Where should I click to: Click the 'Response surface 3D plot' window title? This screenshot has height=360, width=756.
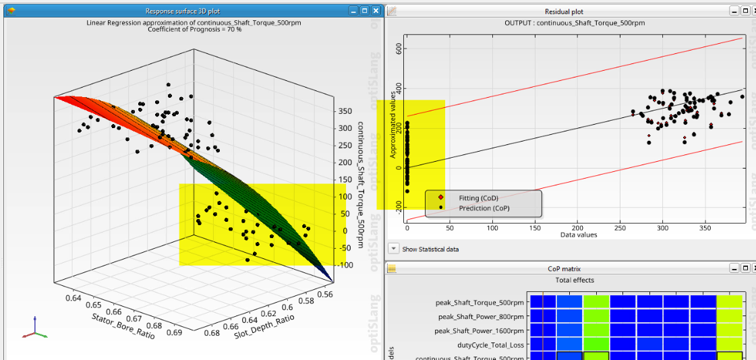tap(192, 11)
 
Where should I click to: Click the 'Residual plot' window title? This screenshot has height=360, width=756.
tap(564, 11)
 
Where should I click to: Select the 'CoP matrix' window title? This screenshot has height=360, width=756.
tap(564, 268)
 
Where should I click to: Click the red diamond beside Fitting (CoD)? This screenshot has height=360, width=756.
tap(441, 198)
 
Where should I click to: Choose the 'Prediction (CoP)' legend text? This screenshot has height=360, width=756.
tap(484, 208)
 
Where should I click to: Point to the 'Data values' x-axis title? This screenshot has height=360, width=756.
tap(578, 235)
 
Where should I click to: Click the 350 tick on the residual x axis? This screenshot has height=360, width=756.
tap(705, 229)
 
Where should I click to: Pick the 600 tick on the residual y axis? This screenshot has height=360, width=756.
tap(399, 49)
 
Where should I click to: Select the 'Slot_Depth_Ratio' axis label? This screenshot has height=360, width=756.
tap(264, 326)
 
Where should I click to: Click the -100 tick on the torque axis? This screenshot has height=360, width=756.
tap(346, 265)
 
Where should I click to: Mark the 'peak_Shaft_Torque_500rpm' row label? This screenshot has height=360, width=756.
tap(479, 303)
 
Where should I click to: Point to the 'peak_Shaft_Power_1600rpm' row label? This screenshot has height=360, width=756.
tap(480, 330)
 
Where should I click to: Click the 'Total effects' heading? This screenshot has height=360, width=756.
tap(574, 280)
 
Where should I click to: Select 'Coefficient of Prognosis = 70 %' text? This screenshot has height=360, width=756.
tap(192, 29)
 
